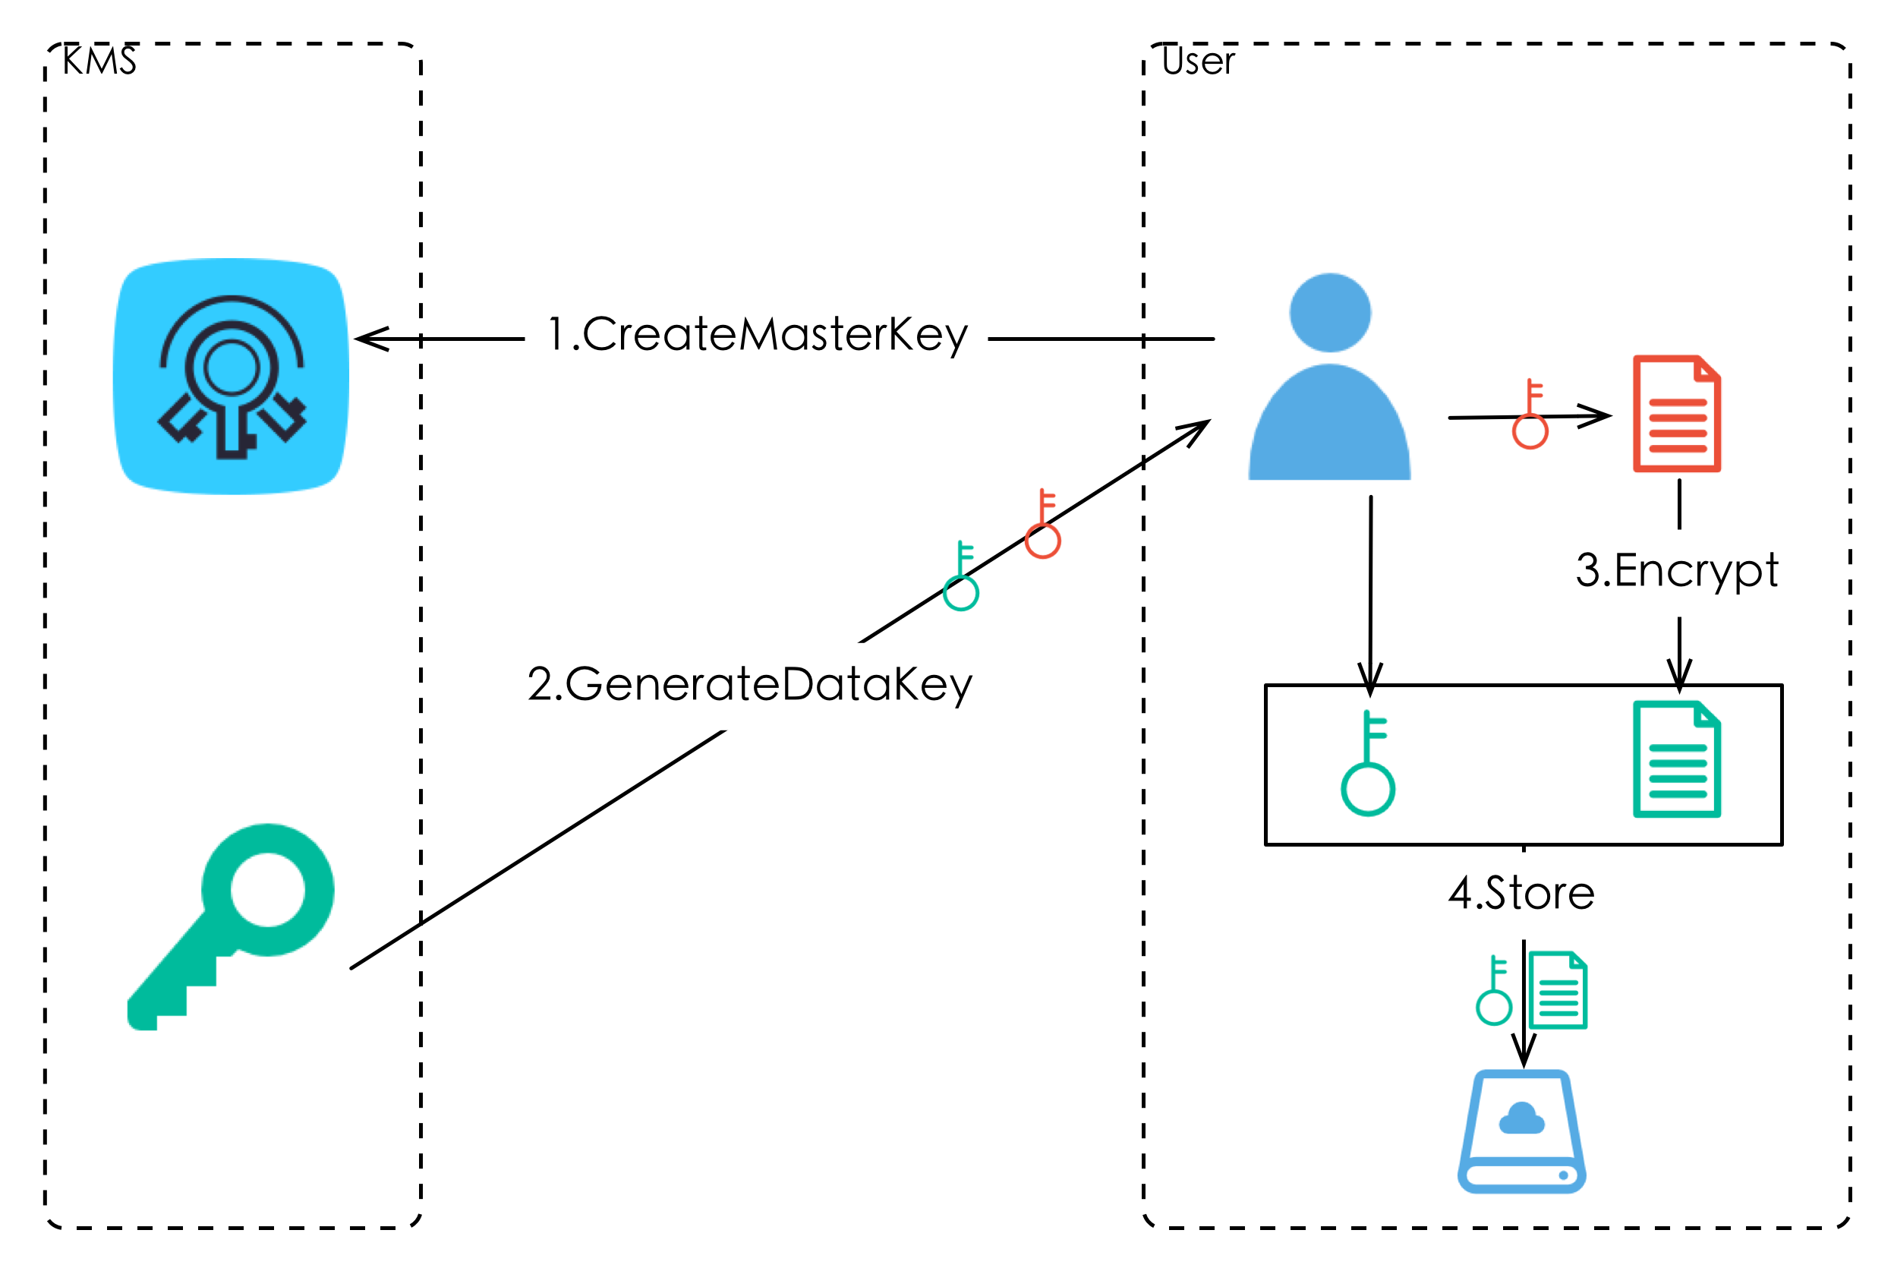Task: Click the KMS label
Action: tap(99, 62)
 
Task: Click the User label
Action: tap(1198, 62)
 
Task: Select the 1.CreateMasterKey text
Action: tap(758, 335)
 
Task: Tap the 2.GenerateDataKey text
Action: tap(750, 685)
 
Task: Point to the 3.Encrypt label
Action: tap(1678, 572)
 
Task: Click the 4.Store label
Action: tap(1521, 894)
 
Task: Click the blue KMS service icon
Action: tap(232, 376)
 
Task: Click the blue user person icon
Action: tap(1330, 377)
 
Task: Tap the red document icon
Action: tap(1677, 413)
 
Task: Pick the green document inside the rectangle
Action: tap(1677, 759)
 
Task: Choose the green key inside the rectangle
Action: tap(1368, 763)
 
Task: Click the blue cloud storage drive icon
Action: tap(1521, 1131)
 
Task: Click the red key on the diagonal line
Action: tap(1043, 524)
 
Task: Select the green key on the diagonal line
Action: tap(961, 576)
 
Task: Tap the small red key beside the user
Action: tap(1530, 413)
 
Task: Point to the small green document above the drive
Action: tap(1558, 991)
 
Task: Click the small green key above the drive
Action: tap(1494, 991)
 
